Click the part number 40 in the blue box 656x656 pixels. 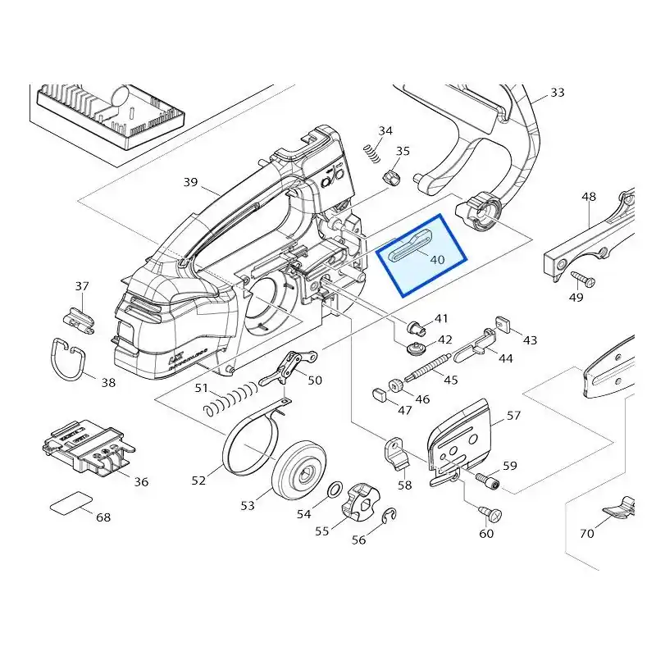coord(437,260)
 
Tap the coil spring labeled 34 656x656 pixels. coord(372,153)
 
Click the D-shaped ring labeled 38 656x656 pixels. coord(69,358)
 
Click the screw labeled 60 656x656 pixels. coord(490,513)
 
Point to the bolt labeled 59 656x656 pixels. coord(488,481)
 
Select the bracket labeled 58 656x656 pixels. coord(395,453)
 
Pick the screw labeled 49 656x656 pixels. coord(583,279)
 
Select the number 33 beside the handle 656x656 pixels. coord(558,92)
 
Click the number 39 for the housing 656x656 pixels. coord(190,182)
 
